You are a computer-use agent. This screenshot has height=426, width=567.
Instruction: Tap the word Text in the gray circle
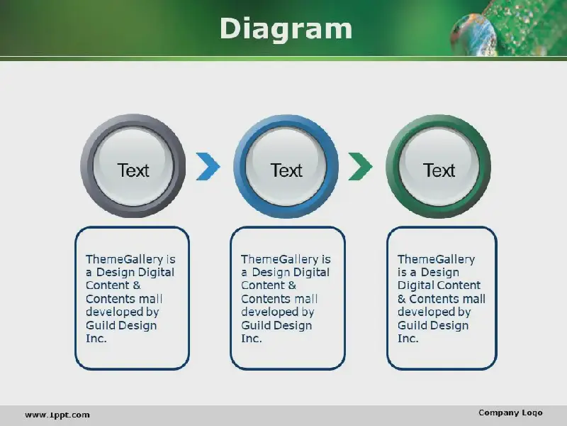[133, 170]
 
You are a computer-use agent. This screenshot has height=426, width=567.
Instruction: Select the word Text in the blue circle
[286, 170]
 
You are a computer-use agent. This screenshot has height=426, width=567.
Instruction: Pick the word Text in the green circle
[439, 170]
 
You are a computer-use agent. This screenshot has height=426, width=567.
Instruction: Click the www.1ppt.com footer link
[57, 415]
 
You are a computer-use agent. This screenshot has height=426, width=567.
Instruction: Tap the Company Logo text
[510, 413]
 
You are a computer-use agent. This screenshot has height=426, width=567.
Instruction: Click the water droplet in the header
[473, 35]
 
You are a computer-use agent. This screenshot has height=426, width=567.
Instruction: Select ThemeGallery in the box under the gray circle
[125, 259]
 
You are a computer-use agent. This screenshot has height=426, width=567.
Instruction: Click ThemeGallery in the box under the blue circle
[280, 259]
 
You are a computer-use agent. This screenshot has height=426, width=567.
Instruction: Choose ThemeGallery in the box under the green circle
[436, 259]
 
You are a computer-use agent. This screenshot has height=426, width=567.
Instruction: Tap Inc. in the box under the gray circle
[96, 339]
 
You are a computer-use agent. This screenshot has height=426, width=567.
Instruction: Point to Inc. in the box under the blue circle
[252, 339]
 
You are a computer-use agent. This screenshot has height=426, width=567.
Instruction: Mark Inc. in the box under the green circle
[408, 339]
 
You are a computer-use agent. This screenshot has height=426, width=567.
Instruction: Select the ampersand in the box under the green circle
[402, 299]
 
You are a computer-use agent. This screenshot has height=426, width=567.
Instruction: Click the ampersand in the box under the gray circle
[136, 285]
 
